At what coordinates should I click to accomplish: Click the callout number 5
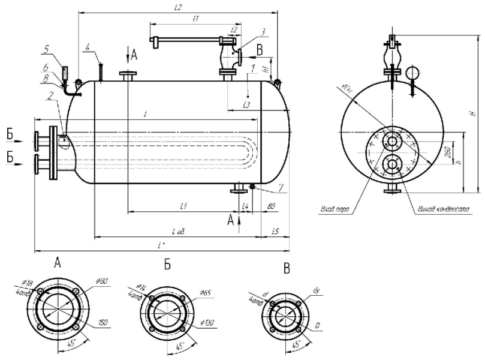pos(47,49)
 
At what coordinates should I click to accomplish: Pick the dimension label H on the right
pos(472,113)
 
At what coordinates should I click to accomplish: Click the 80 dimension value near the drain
pos(272,206)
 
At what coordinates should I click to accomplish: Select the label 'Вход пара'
pos(335,210)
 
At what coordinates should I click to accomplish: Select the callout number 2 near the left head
pos(52,94)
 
